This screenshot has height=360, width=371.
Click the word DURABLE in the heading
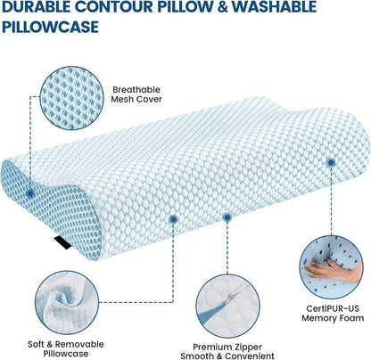[x=37, y=6]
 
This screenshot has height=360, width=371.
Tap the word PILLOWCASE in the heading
[x=50, y=27]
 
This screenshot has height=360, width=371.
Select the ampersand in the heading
[x=222, y=6]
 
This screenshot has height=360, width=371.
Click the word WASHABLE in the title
[x=274, y=6]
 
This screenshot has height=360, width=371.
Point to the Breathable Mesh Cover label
[x=136, y=94]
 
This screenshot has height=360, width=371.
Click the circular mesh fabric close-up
[x=71, y=98]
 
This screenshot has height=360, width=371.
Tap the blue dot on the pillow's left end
[x=29, y=193]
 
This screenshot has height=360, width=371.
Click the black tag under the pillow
[x=62, y=242]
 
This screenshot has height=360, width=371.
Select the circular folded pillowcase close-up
[x=67, y=303]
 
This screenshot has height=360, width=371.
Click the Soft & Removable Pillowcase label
[x=66, y=348]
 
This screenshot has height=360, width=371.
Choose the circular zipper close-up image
[x=228, y=307]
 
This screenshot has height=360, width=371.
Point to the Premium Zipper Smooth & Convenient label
[x=227, y=351]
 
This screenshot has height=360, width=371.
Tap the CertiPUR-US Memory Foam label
[x=333, y=313]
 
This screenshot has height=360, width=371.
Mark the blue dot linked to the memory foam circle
[x=331, y=162]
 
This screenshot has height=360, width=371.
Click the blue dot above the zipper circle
[x=227, y=217]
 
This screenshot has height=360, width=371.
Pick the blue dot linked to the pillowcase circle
[x=173, y=219]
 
